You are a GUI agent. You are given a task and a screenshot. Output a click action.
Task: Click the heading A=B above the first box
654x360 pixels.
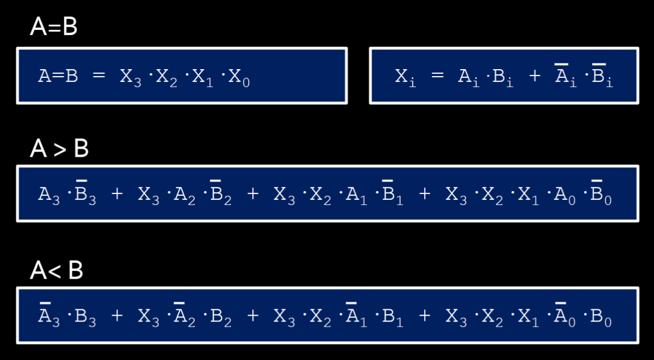click(x=54, y=27)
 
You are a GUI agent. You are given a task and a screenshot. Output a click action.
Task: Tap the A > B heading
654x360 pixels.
click(x=59, y=149)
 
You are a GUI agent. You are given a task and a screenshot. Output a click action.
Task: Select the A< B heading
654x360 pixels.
click(x=56, y=270)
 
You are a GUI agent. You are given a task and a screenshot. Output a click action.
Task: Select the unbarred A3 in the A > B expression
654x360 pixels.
click(x=49, y=195)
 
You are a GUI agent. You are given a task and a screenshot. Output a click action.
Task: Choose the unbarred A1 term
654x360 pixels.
click(x=356, y=195)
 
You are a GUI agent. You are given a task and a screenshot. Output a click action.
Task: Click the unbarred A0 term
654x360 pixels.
click(x=565, y=195)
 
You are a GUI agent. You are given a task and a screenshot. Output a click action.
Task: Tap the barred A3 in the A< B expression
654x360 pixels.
click(x=49, y=316)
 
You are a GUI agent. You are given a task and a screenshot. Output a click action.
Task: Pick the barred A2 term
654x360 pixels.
click(x=184, y=316)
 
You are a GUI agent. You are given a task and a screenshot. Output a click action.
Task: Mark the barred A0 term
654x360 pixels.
click(x=565, y=316)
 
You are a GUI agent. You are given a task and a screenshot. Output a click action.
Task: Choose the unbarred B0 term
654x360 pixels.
click(x=601, y=317)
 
